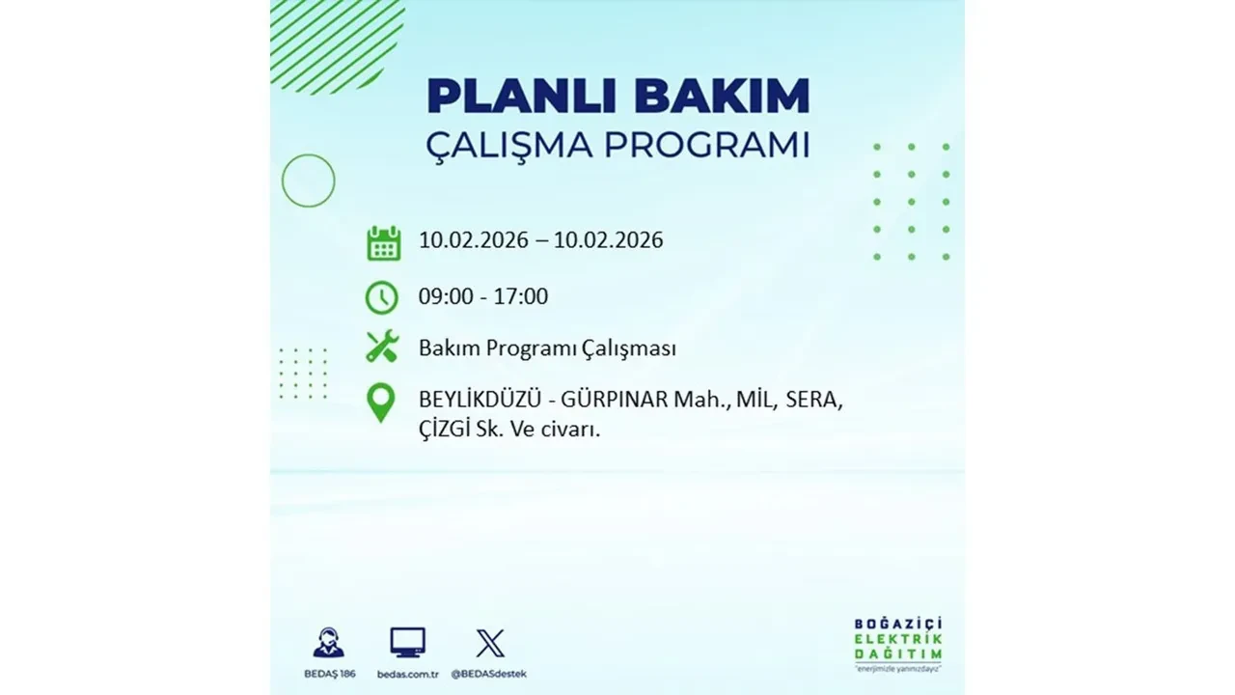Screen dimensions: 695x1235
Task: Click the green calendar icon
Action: click(383, 242)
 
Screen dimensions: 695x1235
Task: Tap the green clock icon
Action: click(382, 296)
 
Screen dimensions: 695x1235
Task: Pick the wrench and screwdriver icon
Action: click(382, 347)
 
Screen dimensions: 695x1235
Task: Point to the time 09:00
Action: click(446, 296)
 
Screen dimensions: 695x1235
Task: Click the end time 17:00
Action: click(520, 296)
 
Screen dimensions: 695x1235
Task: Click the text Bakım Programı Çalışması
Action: click(547, 348)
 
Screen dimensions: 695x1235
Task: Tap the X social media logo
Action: click(490, 643)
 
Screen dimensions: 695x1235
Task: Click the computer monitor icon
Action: click(407, 643)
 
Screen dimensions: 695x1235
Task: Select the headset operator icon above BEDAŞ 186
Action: click(328, 643)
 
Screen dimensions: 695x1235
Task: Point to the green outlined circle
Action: click(308, 181)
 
